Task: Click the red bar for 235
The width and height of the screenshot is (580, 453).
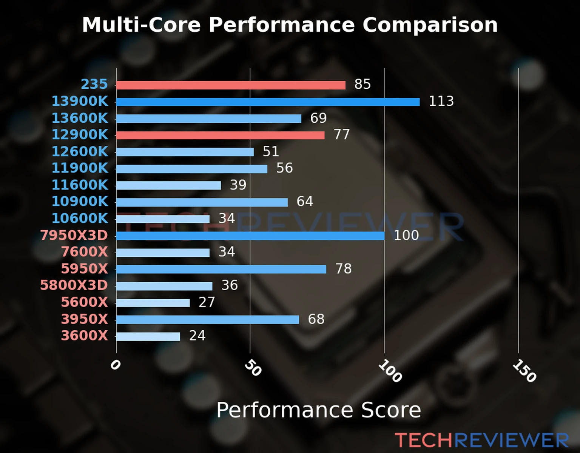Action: coord(231,85)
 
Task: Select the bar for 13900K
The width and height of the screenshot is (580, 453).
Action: coord(268,102)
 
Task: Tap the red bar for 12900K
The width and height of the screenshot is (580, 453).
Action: coord(220,135)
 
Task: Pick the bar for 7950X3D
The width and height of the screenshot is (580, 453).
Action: coord(250,236)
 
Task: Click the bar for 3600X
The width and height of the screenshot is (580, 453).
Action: coord(148,336)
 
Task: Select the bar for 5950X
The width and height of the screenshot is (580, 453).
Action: coord(221,269)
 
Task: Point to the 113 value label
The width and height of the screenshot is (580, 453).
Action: coord(441,101)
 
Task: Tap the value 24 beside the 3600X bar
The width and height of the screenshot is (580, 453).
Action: coord(197,336)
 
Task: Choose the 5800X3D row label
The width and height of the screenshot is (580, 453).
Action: coord(74,285)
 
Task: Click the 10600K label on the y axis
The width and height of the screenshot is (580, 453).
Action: coord(80,218)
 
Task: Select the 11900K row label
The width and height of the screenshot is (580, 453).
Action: coord(80,168)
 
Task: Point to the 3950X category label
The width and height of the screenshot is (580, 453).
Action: coord(84,319)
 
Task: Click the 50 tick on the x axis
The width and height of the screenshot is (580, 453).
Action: coord(253,368)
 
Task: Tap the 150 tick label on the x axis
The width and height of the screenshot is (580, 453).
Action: coord(524,371)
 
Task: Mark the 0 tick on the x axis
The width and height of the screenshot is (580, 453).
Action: coord(115,365)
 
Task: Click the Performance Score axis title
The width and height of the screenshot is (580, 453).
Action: coord(318,410)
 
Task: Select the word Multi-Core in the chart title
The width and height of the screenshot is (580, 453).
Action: coord(141,25)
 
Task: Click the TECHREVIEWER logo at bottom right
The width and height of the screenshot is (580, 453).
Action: coord(481,440)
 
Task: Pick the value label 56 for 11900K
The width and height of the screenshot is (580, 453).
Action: coord(284,168)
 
